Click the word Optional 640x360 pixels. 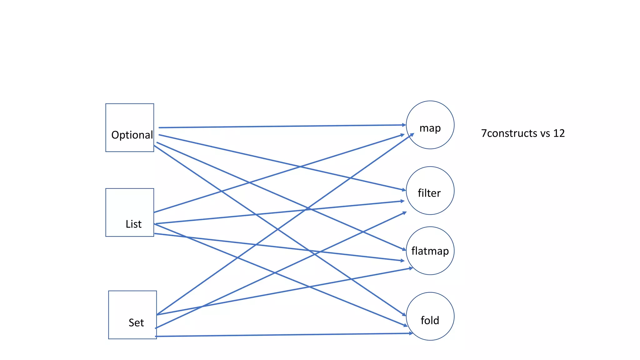click(132, 135)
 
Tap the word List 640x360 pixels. click(133, 224)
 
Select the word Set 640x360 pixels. click(136, 323)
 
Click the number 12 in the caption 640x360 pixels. click(559, 133)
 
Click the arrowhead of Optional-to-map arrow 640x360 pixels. click(404, 125)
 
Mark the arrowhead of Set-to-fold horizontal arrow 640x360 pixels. click(411, 333)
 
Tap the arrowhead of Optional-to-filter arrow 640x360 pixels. click(404, 190)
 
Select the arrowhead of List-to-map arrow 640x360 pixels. click(403, 135)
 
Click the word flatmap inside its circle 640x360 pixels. click(430, 251)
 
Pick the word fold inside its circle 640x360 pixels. click(430, 320)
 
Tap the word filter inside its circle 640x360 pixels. click(429, 193)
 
